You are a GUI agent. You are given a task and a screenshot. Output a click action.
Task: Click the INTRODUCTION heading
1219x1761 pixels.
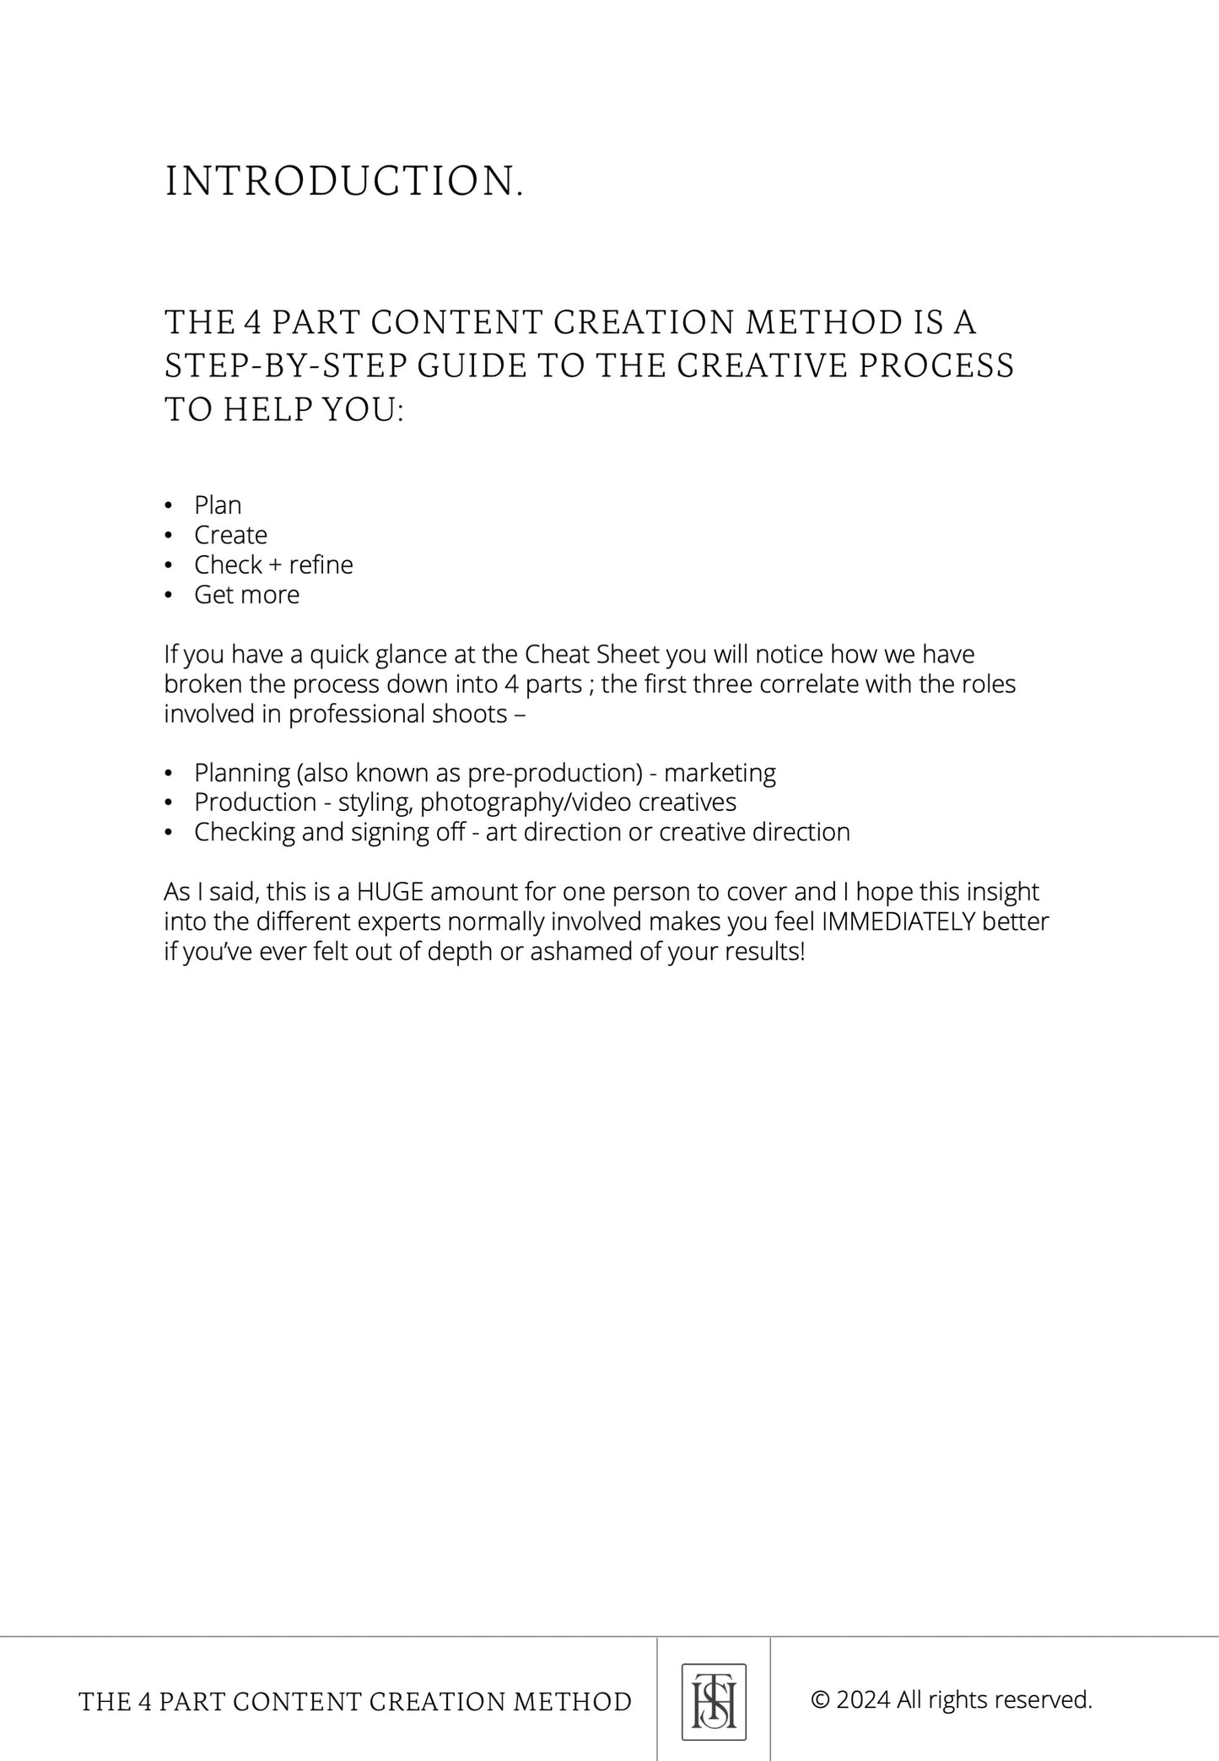click(x=344, y=182)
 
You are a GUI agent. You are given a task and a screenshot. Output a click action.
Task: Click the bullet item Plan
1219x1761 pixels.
click(x=218, y=505)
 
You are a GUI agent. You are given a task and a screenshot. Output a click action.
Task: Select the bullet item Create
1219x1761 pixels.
click(x=230, y=535)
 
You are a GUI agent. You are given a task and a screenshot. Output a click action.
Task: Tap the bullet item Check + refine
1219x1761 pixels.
click(x=273, y=564)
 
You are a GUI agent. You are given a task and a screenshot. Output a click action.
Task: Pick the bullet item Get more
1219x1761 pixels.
click(x=246, y=595)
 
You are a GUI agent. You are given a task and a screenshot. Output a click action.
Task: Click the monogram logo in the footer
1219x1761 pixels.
click(x=714, y=1700)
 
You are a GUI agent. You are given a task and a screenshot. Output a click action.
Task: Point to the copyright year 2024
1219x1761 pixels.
click(x=863, y=1699)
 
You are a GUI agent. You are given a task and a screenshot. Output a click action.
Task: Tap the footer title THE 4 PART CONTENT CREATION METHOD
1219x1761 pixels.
click(x=355, y=1702)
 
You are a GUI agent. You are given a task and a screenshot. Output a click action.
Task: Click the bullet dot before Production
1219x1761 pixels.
click(x=169, y=802)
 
